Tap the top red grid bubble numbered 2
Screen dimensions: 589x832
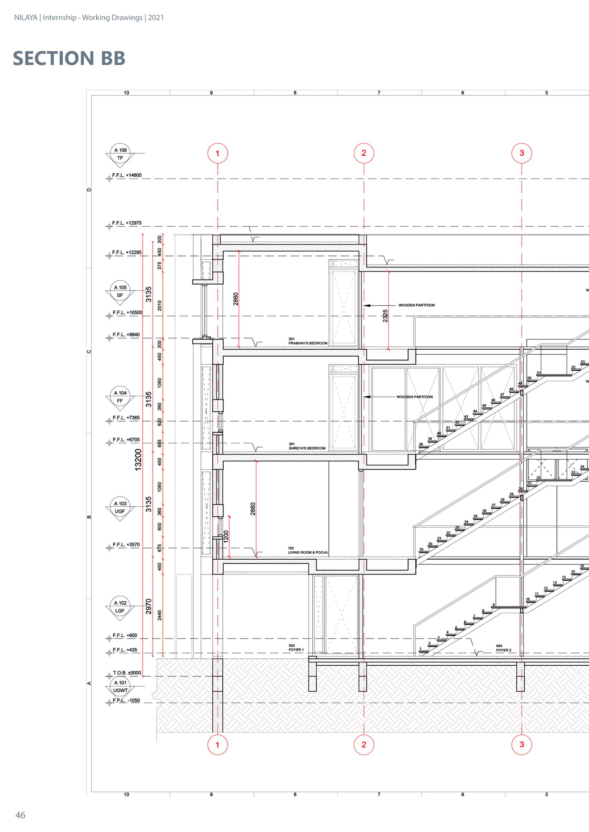pyautogui.click(x=364, y=153)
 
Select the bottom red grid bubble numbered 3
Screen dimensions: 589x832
pyautogui.click(x=521, y=745)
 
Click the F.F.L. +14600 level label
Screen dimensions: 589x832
pyautogui.click(x=127, y=175)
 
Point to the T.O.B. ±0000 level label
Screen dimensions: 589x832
pyautogui.click(x=127, y=673)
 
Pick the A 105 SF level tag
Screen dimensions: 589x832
pyautogui.click(x=120, y=291)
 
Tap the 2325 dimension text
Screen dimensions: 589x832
pyautogui.click(x=385, y=316)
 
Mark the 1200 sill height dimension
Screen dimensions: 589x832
pyautogui.click(x=226, y=536)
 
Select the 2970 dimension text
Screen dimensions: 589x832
pyautogui.click(x=148, y=606)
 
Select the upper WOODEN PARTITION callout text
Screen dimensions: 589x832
pyautogui.click(x=416, y=305)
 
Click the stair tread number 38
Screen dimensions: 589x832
pyautogui.click(x=421, y=444)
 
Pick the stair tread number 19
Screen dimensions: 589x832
pyautogui.click(x=421, y=549)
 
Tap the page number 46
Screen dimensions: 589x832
pyautogui.click(x=20, y=815)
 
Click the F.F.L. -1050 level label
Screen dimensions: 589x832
pyautogui.click(x=126, y=701)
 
